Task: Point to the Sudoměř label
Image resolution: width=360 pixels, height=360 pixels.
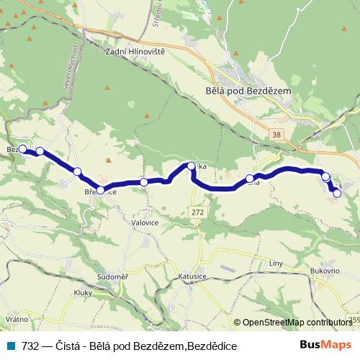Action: tap(113, 276)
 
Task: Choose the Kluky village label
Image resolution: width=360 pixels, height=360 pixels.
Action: tap(84, 292)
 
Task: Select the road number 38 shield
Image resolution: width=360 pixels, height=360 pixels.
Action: tap(277, 134)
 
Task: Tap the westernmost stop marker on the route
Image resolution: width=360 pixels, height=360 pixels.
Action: tap(22, 149)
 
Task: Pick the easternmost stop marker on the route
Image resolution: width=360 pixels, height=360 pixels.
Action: tap(337, 192)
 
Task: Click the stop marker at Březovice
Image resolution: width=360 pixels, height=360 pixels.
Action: tap(101, 190)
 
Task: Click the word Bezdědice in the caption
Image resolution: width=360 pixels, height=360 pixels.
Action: tap(212, 346)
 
